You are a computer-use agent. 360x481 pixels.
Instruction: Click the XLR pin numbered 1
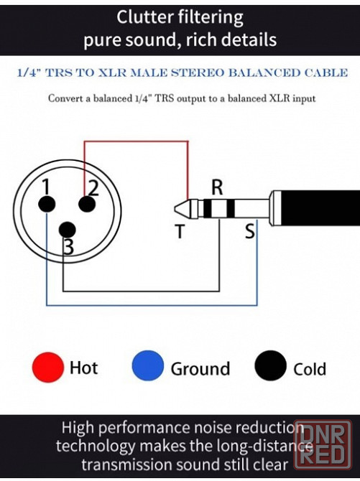[x=47, y=204]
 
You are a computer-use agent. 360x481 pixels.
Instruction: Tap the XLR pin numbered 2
[x=87, y=204]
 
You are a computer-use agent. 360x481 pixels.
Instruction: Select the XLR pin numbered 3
[x=67, y=230]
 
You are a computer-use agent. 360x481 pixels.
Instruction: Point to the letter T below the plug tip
[x=180, y=231]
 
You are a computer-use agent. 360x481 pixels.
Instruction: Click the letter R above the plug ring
[x=217, y=187]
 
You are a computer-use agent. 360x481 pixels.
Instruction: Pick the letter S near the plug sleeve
[x=250, y=231]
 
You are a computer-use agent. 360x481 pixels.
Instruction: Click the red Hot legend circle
[x=48, y=367]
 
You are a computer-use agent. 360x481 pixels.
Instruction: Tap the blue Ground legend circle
[x=148, y=365]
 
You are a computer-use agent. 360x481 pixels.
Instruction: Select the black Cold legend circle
[x=271, y=365]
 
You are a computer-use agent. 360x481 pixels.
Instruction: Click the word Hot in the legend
[x=83, y=368]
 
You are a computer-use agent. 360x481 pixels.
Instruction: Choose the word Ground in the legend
[x=200, y=368]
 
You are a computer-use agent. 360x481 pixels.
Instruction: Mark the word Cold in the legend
[x=309, y=369]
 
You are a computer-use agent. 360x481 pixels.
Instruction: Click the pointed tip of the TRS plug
[x=175, y=209]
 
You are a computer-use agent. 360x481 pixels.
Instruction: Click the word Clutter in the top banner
[x=142, y=17]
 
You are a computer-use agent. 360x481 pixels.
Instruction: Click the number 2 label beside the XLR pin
[x=93, y=188]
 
